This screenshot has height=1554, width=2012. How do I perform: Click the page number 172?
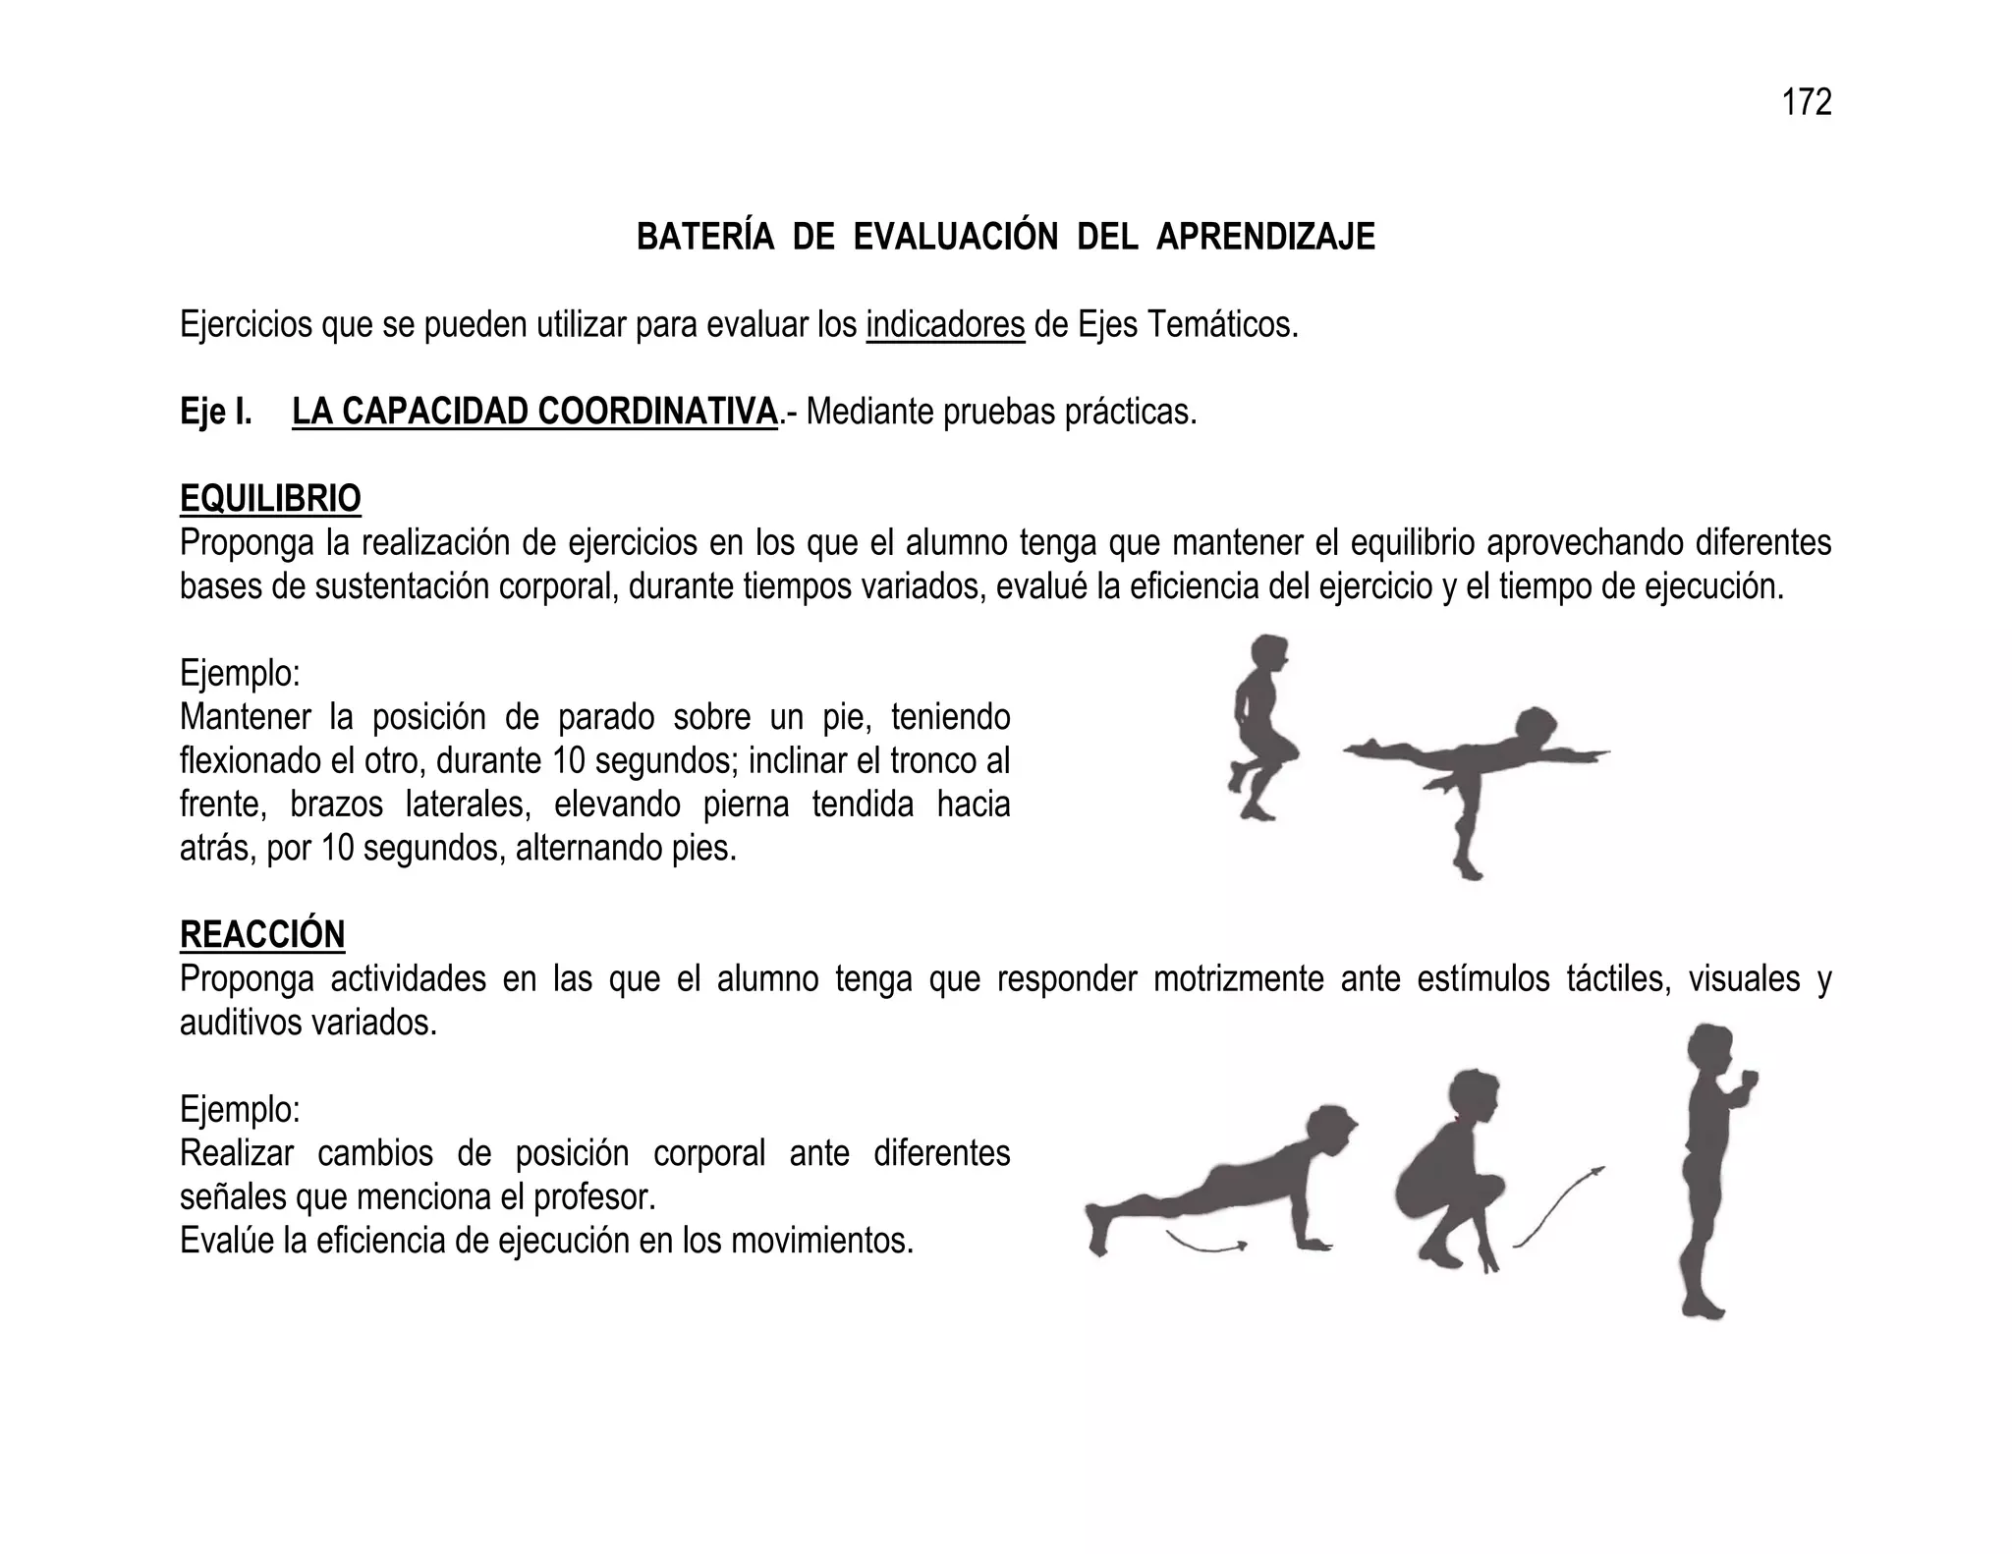[x=1806, y=102]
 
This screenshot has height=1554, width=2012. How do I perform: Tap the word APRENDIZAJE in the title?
[x=1265, y=238]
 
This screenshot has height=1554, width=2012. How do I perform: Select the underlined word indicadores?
[x=945, y=324]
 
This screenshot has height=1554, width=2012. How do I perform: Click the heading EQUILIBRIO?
[x=270, y=499]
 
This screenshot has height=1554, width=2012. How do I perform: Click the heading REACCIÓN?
[x=262, y=934]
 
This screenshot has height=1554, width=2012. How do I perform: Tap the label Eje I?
[x=216, y=413]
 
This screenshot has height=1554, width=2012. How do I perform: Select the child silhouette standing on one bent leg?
[x=1258, y=727]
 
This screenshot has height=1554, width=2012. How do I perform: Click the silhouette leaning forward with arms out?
[x=1474, y=776]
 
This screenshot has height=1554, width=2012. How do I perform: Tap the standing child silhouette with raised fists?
[x=1709, y=1169]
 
